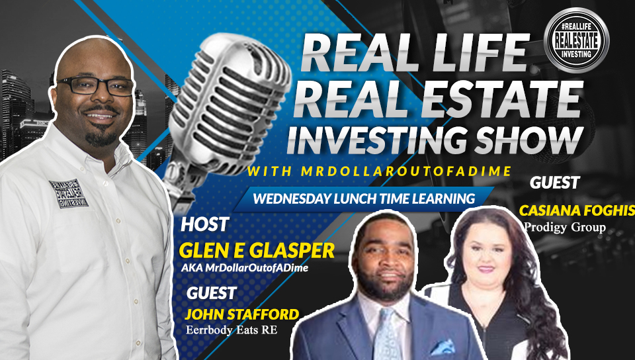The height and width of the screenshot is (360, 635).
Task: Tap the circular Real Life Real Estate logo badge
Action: point(576,40)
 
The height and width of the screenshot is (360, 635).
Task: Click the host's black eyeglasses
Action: point(95,85)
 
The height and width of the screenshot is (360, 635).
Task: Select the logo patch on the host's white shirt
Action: point(69,193)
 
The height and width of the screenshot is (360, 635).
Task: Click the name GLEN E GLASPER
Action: point(257,251)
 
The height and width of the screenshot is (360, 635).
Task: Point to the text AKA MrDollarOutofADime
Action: point(245,267)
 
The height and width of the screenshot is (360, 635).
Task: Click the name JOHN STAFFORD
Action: point(242,314)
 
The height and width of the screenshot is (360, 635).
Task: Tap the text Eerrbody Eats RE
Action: point(232,330)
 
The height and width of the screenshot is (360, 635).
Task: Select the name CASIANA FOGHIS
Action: point(577,210)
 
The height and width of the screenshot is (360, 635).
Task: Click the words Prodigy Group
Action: point(565,227)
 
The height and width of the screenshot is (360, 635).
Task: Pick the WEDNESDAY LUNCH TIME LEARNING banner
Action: point(364,199)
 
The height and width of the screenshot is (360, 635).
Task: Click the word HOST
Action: point(205,225)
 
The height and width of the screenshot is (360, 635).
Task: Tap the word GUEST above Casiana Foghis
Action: point(555,183)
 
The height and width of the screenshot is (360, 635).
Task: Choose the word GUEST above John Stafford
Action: point(212,293)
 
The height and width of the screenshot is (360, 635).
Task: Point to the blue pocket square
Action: point(443,347)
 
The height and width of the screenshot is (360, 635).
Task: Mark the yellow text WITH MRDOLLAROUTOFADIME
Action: point(380,171)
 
